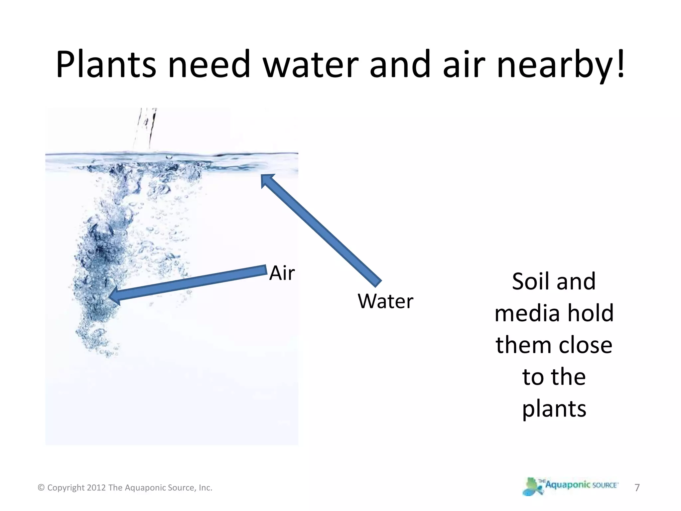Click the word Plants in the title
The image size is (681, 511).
[x=106, y=64]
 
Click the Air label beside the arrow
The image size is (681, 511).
[x=282, y=273]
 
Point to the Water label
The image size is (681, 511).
[x=385, y=301]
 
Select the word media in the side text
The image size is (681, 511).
[x=525, y=313]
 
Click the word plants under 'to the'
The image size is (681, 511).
[x=554, y=409]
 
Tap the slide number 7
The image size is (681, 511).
[x=637, y=487]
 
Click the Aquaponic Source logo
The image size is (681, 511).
[x=571, y=486]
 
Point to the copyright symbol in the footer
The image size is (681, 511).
[x=41, y=488]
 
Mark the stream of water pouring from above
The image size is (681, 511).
[x=145, y=128]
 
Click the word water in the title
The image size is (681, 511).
[x=311, y=64]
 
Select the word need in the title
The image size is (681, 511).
[x=209, y=64]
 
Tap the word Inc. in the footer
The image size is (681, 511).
[x=205, y=488]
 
